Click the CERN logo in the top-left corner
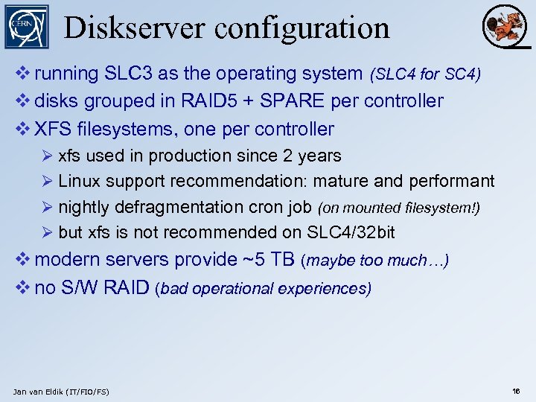pyautogui.click(x=27, y=27)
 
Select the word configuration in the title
pyautogui.click(x=302, y=28)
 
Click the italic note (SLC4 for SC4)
pyautogui.click(x=425, y=74)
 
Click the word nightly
pyautogui.click(x=83, y=207)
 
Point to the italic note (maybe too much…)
pyautogui.click(x=374, y=261)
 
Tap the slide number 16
pyautogui.click(x=516, y=391)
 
